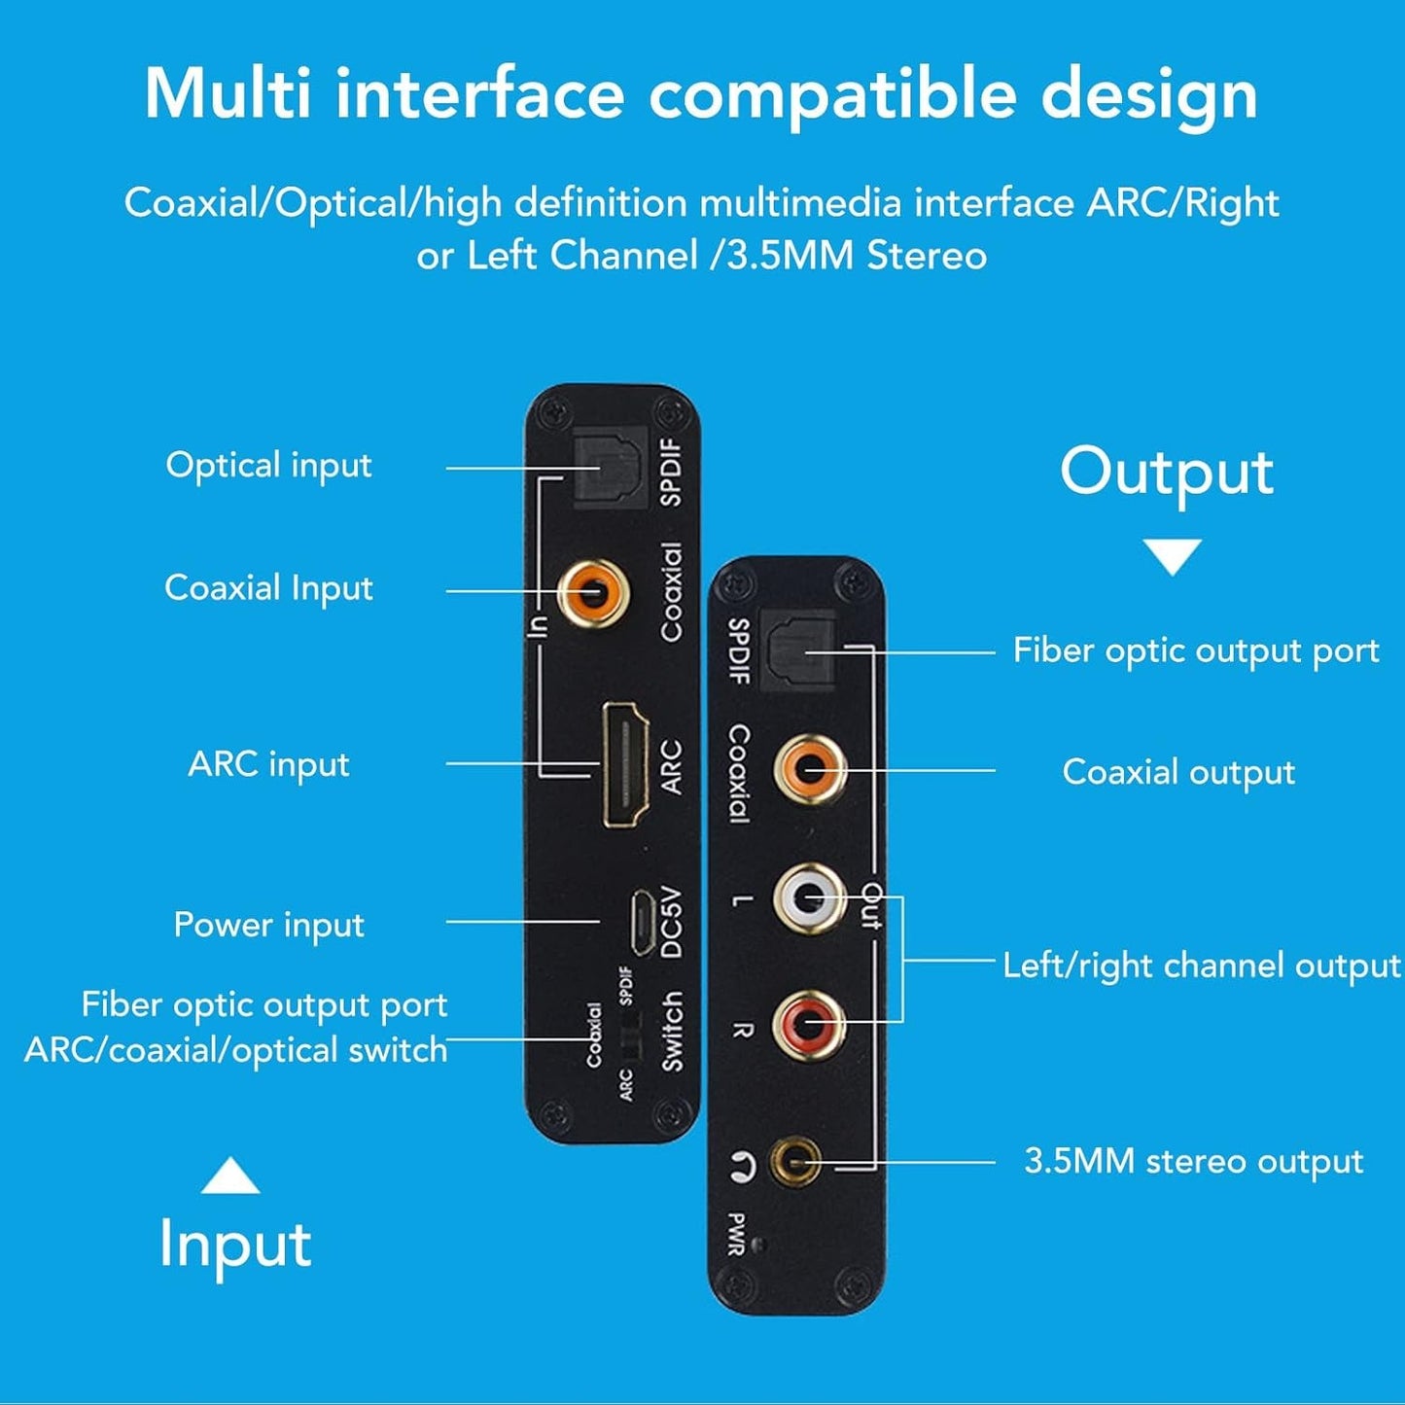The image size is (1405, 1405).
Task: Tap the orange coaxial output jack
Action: [810, 769]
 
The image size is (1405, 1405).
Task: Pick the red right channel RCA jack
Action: [809, 1023]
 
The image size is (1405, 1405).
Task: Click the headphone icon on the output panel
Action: [742, 1164]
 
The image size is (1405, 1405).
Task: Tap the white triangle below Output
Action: [1172, 556]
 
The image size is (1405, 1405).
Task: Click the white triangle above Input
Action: [229, 1176]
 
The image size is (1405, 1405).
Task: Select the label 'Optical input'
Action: [268, 466]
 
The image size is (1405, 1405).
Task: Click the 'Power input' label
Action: [268, 925]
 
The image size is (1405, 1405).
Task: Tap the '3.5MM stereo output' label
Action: [1193, 1162]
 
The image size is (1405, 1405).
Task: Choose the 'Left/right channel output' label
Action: [1201, 966]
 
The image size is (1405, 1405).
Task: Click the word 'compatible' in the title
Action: [832, 94]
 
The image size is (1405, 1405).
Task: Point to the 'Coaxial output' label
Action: [1177, 772]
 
